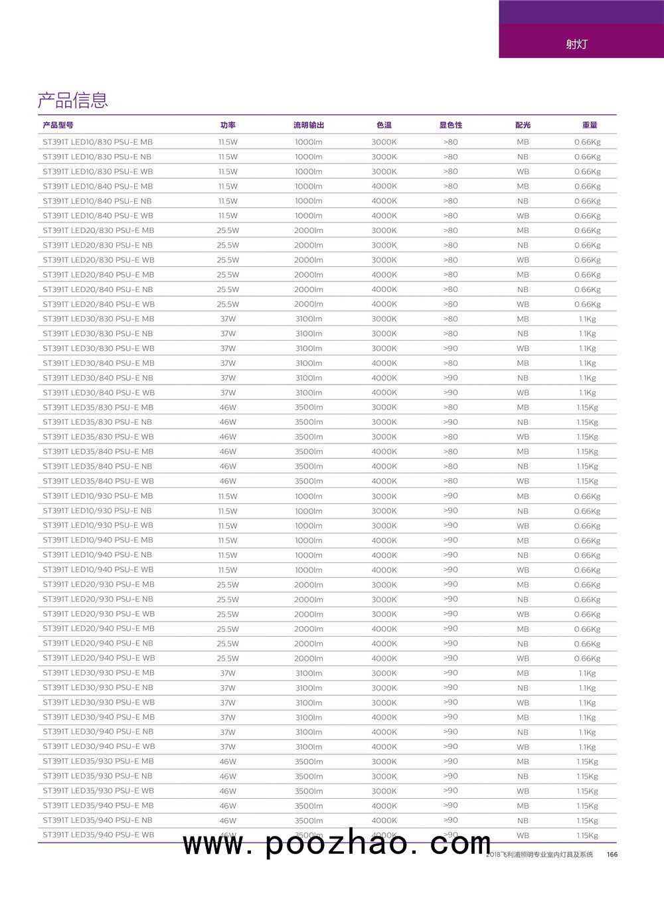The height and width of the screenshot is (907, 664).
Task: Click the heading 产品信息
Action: (x=72, y=100)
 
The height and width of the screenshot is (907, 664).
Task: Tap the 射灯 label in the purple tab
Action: (x=576, y=44)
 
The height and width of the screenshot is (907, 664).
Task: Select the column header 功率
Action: (x=228, y=125)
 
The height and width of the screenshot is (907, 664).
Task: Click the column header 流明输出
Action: (x=309, y=125)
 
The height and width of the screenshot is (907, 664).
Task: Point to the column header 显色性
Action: (x=450, y=125)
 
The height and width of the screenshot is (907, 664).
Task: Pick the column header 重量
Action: (x=589, y=125)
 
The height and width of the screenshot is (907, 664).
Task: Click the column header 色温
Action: (x=384, y=125)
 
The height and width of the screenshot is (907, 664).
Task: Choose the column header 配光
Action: (x=523, y=125)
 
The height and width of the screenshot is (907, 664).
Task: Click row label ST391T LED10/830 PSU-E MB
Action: (x=98, y=142)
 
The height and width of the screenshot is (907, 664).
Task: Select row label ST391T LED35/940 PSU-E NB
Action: (x=98, y=820)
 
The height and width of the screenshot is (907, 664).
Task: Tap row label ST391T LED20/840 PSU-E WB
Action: (x=98, y=304)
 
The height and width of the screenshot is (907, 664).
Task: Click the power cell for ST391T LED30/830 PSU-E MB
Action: (x=228, y=319)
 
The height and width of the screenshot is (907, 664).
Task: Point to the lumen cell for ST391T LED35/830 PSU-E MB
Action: (x=309, y=408)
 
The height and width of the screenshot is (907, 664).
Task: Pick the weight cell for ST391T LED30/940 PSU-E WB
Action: (x=587, y=747)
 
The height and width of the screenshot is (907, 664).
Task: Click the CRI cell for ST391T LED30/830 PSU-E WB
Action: (x=450, y=348)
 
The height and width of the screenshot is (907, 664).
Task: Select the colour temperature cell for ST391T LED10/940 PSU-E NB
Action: (x=384, y=555)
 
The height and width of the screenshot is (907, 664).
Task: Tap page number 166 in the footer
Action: (x=612, y=855)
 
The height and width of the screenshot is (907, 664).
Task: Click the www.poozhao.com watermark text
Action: (x=337, y=843)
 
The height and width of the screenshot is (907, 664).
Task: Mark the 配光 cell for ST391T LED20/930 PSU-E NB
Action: (x=523, y=600)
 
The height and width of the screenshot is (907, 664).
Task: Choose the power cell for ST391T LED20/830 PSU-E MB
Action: (x=228, y=230)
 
